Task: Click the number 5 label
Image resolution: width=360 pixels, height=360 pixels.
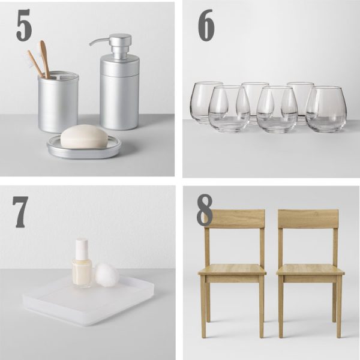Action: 24,25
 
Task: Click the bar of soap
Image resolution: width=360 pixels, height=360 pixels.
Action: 84,136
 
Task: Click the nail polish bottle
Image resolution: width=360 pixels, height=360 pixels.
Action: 82,269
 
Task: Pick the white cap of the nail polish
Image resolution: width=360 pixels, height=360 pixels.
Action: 82,248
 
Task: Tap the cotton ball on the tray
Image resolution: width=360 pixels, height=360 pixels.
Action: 107,274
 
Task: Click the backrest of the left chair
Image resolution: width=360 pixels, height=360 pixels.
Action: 234,218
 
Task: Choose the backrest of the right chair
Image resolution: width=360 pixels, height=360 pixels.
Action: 308,218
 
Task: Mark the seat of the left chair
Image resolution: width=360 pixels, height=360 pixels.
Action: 232,269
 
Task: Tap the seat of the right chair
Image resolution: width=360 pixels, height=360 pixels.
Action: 310,269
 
